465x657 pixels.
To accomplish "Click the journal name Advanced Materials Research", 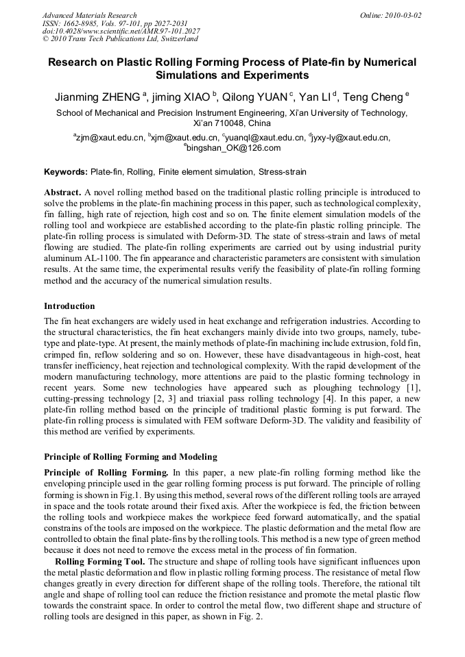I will click(x=89, y=15).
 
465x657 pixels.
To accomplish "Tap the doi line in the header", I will click(x=121, y=32).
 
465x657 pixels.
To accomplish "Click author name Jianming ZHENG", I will click(x=97, y=97).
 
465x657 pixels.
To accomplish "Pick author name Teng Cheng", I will click(x=373, y=97).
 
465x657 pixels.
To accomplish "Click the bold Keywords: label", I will click(x=66, y=172).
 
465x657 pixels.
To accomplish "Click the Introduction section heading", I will click(x=69, y=306).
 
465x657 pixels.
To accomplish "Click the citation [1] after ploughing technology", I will click(x=414, y=388).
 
